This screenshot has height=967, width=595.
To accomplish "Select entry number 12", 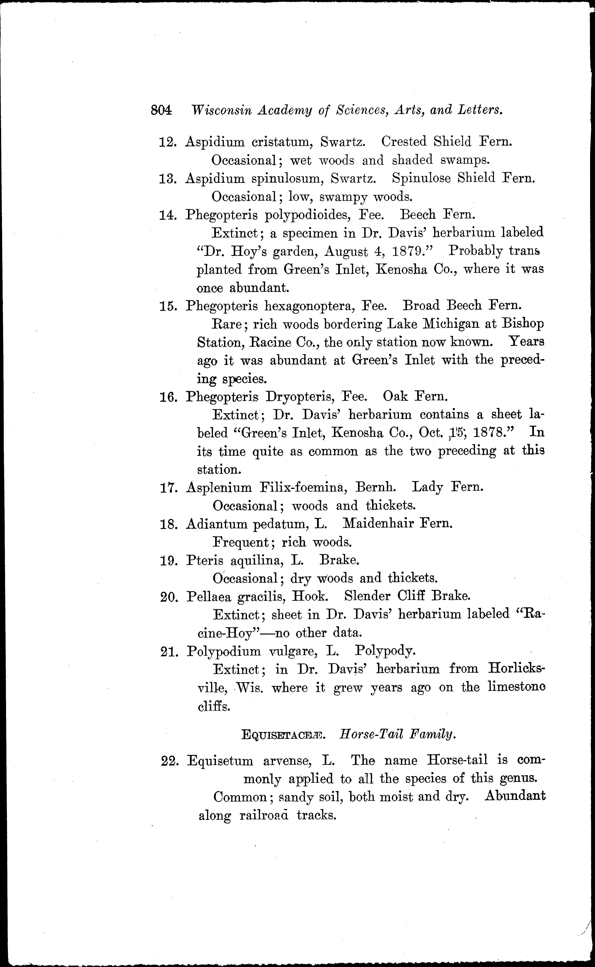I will [167, 142].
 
